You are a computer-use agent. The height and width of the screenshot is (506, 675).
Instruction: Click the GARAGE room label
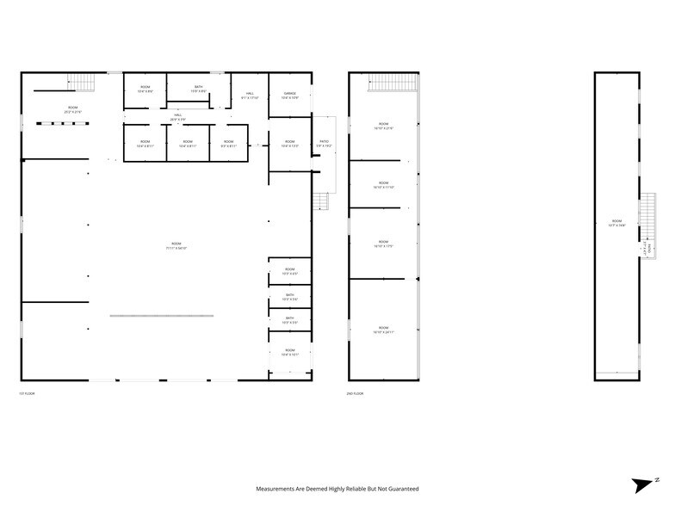pyautogui.click(x=289, y=95)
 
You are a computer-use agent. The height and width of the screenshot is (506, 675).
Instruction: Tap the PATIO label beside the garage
pyautogui.click(x=324, y=143)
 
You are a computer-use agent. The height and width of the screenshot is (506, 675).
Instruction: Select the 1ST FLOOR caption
pyautogui.click(x=27, y=393)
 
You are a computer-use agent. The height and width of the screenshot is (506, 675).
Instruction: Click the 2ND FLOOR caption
pyautogui.click(x=356, y=393)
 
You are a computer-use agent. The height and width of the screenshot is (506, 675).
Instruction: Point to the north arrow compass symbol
pyautogui.click(x=645, y=484)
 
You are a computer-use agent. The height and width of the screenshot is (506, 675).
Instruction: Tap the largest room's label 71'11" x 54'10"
pyautogui.click(x=176, y=246)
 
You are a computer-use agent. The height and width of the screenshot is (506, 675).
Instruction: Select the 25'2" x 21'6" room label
pyautogui.click(x=72, y=109)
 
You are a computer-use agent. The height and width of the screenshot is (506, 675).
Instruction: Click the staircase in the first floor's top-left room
pyautogui.click(x=81, y=82)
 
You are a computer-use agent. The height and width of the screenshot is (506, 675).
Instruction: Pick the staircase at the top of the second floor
pyautogui.click(x=393, y=82)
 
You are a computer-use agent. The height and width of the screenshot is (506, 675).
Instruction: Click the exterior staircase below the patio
pyautogui.click(x=321, y=201)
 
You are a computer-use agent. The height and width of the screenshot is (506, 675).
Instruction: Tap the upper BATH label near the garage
pyautogui.click(x=198, y=89)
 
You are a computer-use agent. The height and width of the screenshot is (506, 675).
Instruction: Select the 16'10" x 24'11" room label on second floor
pyautogui.click(x=383, y=330)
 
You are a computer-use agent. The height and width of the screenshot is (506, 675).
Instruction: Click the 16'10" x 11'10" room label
pyautogui.click(x=383, y=185)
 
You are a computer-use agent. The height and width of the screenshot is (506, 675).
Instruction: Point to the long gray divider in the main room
pyautogui.click(x=162, y=316)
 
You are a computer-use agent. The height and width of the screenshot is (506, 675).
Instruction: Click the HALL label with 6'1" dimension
pyautogui.click(x=250, y=95)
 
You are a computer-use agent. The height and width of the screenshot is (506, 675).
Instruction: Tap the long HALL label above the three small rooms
pyautogui.click(x=177, y=116)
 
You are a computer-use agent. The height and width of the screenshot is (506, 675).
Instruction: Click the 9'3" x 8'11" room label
pyautogui.click(x=228, y=143)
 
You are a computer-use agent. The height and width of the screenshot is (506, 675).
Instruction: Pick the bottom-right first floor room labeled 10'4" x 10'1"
pyautogui.click(x=289, y=352)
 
